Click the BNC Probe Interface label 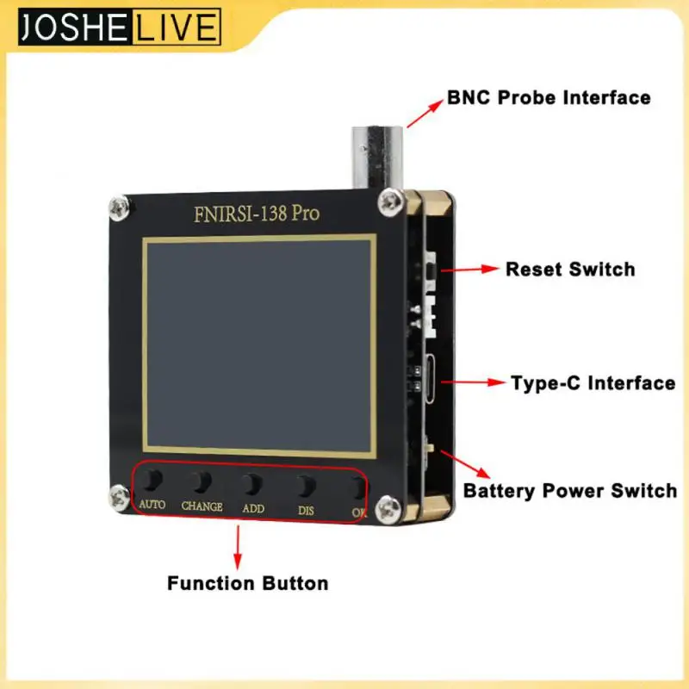click(x=549, y=97)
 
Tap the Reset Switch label click(x=569, y=270)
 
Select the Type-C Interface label click(x=593, y=383)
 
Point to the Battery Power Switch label click(x=570, y=492)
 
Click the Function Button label click(x=247, y=583)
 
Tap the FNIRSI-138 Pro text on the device click(x=257, y=212)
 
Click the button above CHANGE click(x=202, y=480)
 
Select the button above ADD click(x=252, y=482)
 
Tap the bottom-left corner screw click(x=116, y=496)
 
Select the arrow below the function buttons click(x=238, y=543)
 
